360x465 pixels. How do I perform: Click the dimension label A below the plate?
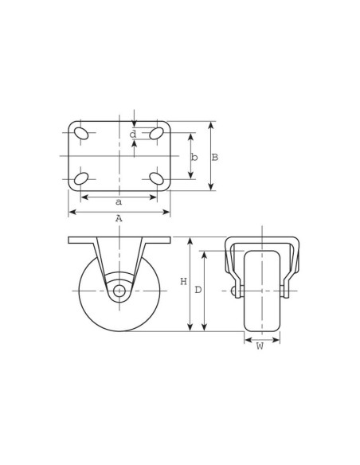(119, 218)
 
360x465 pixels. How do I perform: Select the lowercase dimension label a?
(119, 202)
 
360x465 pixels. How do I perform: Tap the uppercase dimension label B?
(215, 158)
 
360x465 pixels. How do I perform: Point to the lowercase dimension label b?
(194, 158)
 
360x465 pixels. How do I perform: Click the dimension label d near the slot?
(133, 135)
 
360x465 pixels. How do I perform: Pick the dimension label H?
(183, 282)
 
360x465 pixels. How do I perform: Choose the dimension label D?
(198, 290)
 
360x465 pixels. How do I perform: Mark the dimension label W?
(260, 346)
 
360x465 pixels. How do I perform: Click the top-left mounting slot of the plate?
(81, 133)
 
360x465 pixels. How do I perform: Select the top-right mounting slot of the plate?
(157, 133)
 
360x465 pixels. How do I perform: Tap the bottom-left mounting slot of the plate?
(81, 178)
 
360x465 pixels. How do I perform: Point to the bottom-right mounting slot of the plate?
(157, 178)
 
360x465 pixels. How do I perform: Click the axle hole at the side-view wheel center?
(119, 291)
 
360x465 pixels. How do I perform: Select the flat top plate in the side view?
(119, 240)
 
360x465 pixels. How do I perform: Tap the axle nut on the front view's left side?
(233, 291)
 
